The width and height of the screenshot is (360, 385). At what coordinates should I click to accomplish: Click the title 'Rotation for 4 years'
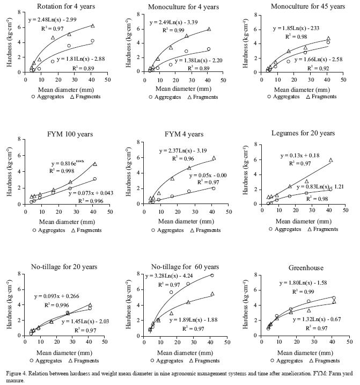click(x=63, y=6)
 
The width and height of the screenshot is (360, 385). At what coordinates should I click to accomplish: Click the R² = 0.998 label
click(x=63, y=170)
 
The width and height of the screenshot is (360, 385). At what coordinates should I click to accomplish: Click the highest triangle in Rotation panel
click(x=92, y=26)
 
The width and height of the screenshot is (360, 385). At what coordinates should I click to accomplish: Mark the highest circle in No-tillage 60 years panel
click(x=211, y=275)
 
